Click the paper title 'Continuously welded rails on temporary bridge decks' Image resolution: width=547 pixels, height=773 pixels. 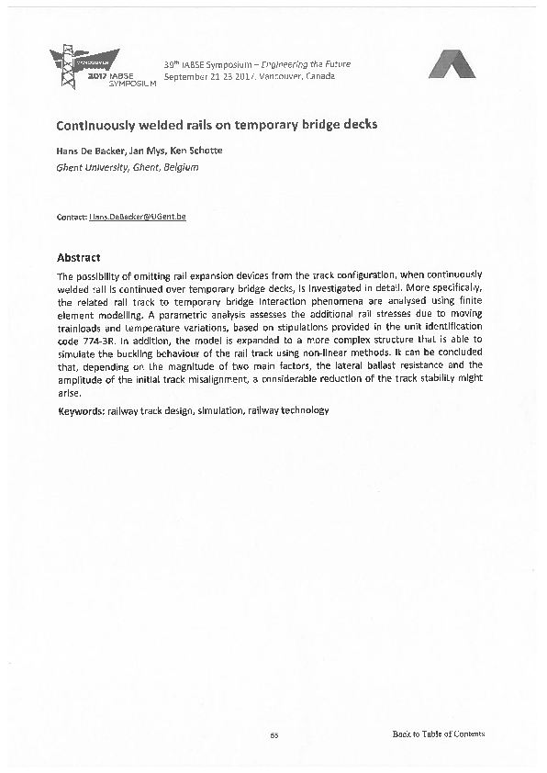tap(217, 124)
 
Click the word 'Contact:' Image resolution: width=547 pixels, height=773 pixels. tap(72, 217)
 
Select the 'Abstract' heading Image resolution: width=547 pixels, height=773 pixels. tap(79, 258)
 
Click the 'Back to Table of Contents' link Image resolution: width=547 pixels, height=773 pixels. tap(438, 734)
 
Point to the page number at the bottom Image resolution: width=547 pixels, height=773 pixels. tap(273, 734)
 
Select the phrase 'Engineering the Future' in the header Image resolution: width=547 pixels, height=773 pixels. tap(307, 64)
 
